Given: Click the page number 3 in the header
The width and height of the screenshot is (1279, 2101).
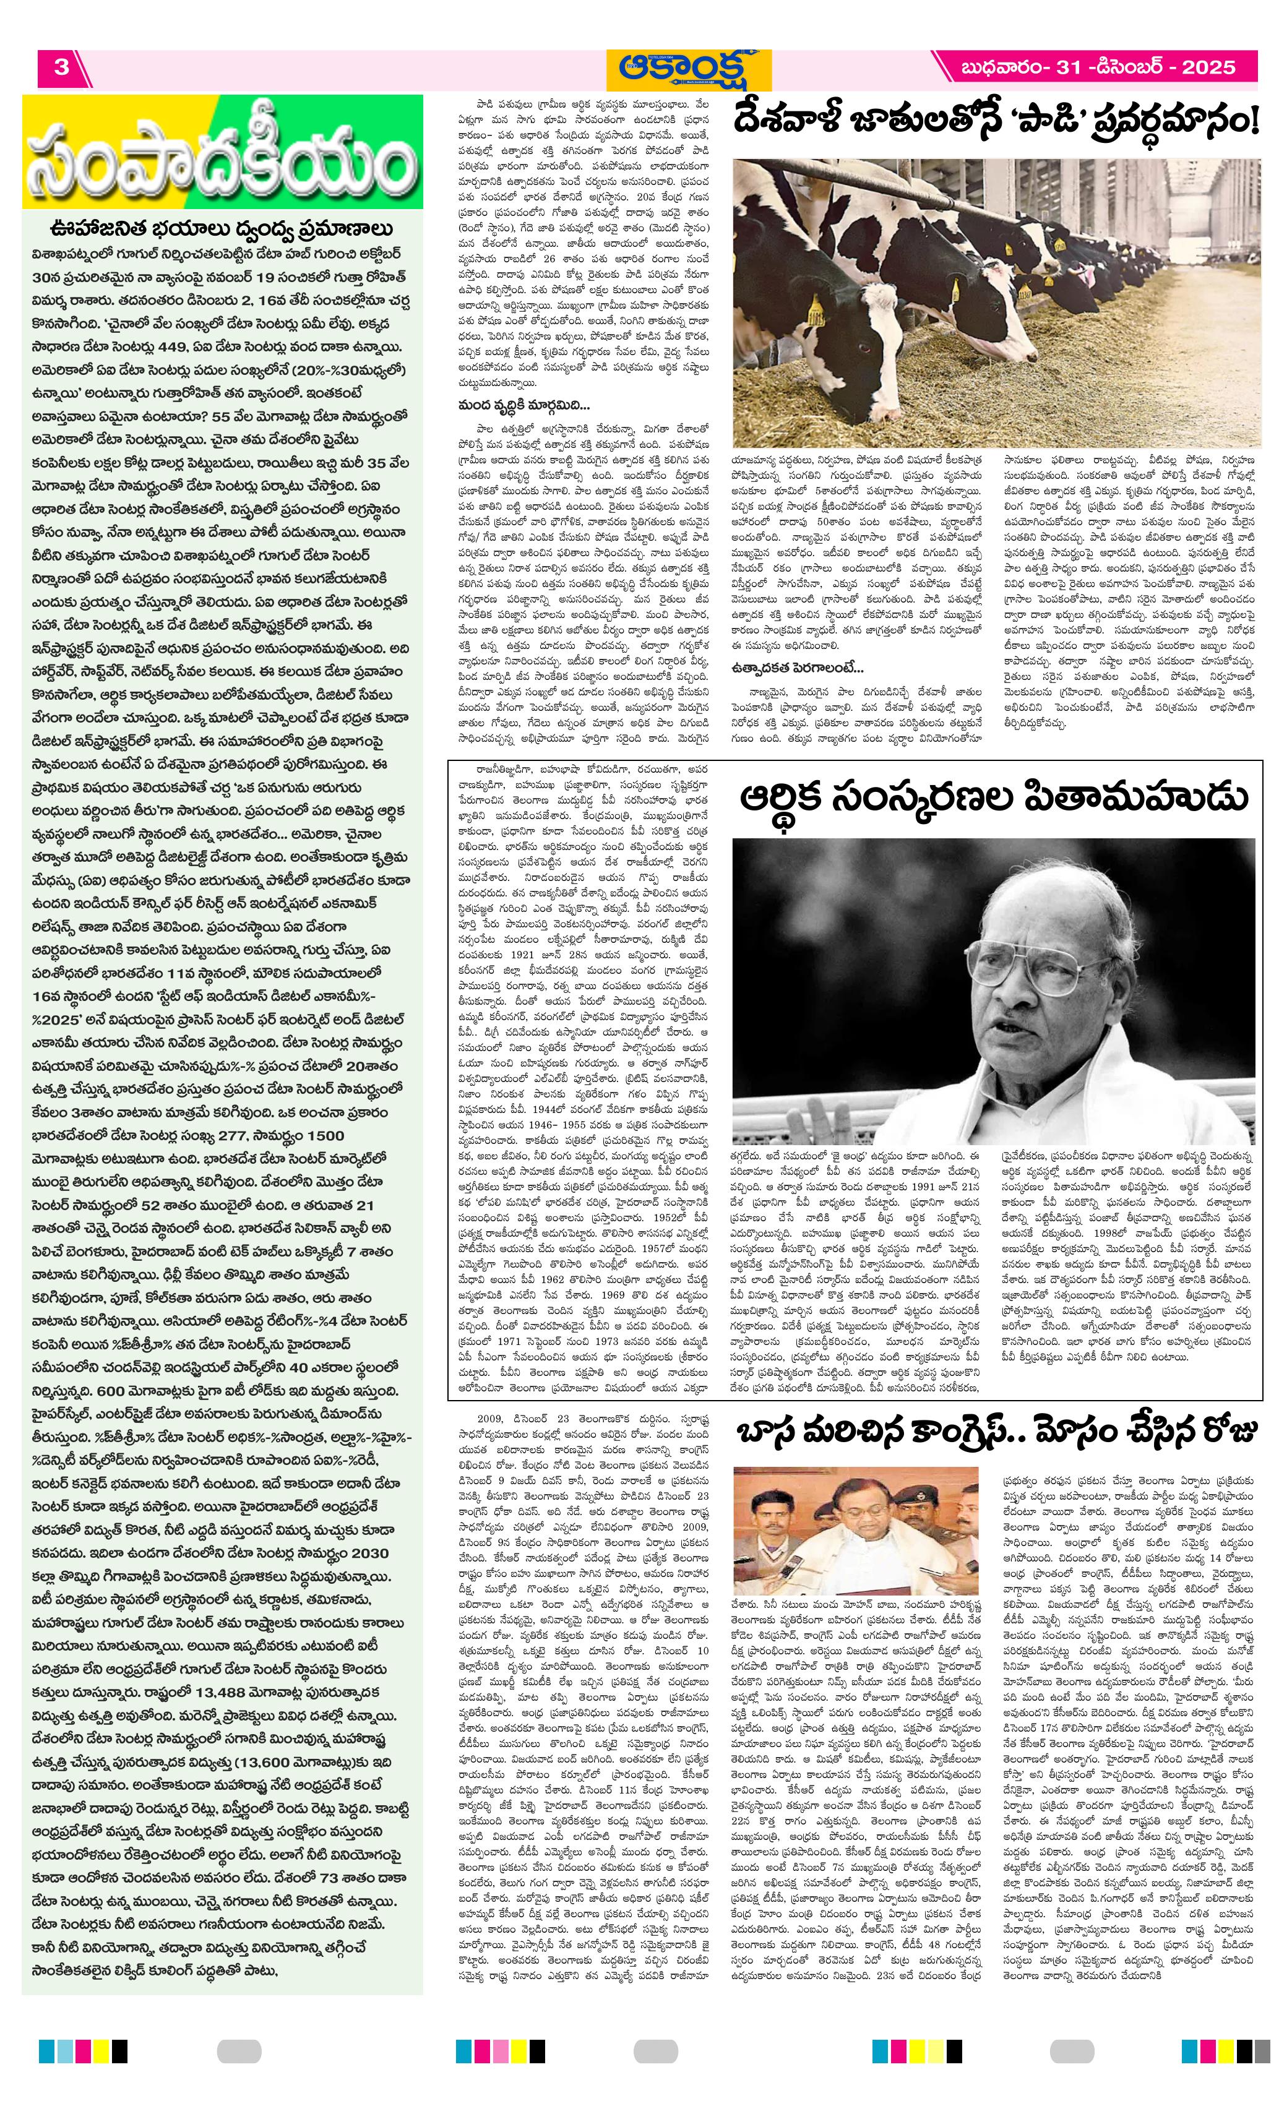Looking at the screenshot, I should point(61,67).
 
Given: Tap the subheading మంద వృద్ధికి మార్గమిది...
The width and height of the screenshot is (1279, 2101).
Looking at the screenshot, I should point(522,406).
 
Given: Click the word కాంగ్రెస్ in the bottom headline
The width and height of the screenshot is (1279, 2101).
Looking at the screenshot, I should point(947,1433).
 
